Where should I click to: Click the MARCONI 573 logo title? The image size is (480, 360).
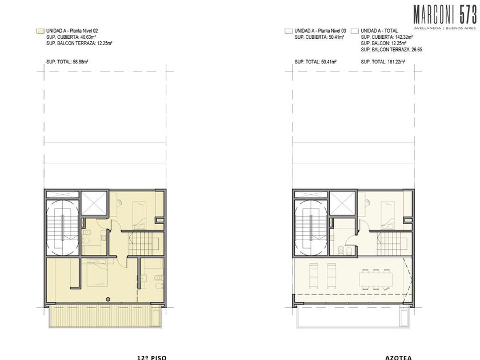(x=445, y=15)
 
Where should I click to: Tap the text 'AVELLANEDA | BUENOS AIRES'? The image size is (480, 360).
(x=445, y=28)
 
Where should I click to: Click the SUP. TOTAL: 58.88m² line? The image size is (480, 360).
(x=67, y=62)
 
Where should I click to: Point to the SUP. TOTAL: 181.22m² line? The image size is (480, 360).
(x=383, y=62)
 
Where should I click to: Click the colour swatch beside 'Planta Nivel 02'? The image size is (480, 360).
(x=40, y=31)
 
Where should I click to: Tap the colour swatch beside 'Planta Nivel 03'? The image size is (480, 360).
(x=289, y=31)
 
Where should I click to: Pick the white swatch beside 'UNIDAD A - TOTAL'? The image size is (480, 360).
(x=355, y=31)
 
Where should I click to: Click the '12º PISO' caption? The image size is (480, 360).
(x=151, y=358)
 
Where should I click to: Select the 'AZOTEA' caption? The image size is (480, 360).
(x=398, y=358)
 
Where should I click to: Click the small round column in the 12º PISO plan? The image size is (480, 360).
(x=108, y=299)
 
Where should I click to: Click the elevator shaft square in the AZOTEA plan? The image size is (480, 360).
(x=342, y=203)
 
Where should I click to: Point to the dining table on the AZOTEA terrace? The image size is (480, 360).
(x=375, y=279)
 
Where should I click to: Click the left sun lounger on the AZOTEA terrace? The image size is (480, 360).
(x=313, y=275)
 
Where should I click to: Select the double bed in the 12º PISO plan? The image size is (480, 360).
(x=97, y=273)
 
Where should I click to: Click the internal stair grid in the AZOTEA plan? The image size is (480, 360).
(x=392, y=244)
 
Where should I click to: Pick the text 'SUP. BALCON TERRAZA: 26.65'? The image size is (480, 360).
(x=391, y=50)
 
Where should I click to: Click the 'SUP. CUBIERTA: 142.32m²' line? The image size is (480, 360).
(x=387, y=37)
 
